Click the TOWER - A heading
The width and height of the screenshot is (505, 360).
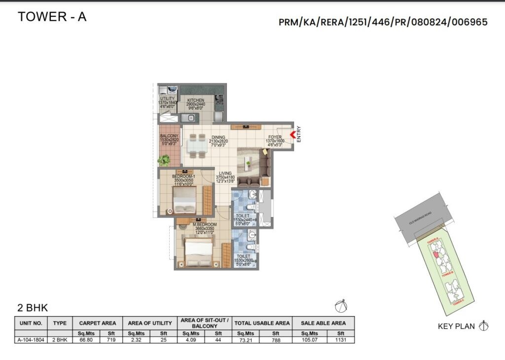click(x=52, y=17)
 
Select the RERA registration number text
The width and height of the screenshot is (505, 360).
click(x=383, y=22)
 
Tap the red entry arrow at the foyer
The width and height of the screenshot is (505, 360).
click(x=292, y=134)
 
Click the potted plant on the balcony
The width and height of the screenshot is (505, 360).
click(x=164, y=160)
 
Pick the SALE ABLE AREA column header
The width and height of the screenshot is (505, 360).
click(x=323, y=323)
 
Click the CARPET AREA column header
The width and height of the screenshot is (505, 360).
click(x=97, y=323)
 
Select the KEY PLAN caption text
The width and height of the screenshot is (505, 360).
click(x=456, y=326)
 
